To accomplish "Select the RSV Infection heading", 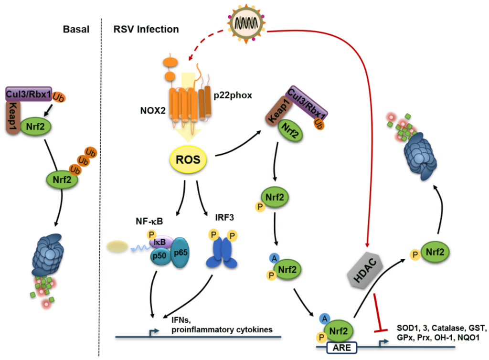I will click(146, 29).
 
